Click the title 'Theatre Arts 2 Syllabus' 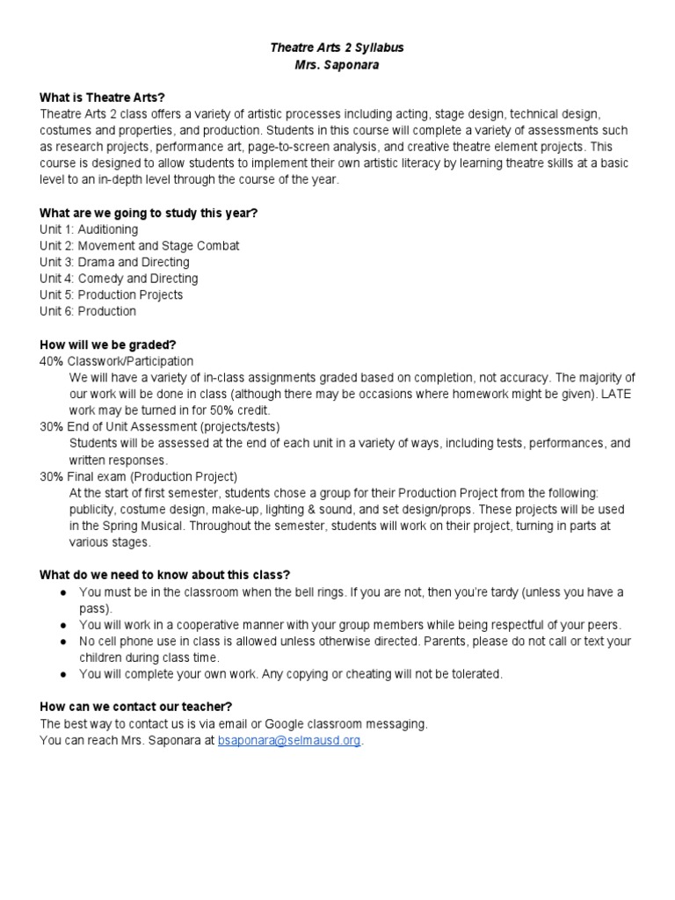pos(337,47)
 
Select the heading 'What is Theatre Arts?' pos(102,98)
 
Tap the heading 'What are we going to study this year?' pos(149,213)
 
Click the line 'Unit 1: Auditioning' pos(89,229)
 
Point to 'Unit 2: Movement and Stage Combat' pos(139,246)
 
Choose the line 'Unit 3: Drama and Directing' pos(114,262)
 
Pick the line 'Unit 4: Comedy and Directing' pos(119,279)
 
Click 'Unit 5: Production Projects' pos(111,295)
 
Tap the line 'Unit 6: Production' pos(88,311)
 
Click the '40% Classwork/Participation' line pos(116,361)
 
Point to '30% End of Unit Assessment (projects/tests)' pos(160,427)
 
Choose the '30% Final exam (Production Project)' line pos(138,476)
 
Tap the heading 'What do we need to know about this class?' pos(164,575)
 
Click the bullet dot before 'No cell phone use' pos(64,642)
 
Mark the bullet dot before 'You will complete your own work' pos(64,674)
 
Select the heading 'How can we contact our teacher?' pos(136,708)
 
